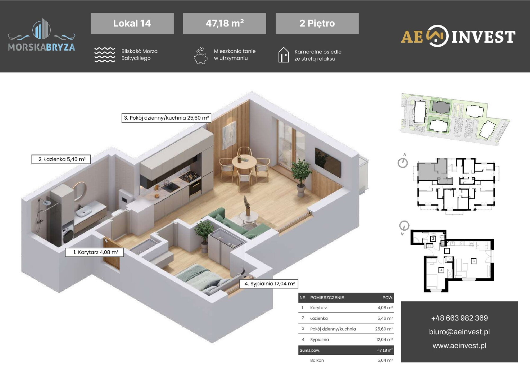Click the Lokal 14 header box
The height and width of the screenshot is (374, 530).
click(x=132, y=23)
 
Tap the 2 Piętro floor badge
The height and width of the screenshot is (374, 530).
click(x=317, y=23)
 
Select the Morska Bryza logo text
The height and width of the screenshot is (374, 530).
click(x=42, y=47)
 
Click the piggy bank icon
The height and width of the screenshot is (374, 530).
click(x=200, y=56)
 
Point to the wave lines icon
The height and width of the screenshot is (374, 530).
click(x=105, y=55)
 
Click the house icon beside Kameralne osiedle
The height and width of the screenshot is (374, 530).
click(x=283, y=55)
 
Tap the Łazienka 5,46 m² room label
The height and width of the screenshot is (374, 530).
click(x=61, y=159)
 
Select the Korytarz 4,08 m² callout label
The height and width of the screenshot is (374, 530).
click(x=94, y=252)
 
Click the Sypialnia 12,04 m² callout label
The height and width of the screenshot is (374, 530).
click(x=269, y=284)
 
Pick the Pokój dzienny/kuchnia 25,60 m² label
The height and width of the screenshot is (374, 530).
click(x=166, y=118)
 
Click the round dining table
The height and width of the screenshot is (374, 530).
click(x=244, y=161)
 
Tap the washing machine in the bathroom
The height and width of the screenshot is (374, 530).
click(x=68, y=234)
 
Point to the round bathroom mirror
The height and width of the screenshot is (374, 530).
click(x=79, y=191)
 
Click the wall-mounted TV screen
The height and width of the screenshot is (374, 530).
click(x=328, y=163)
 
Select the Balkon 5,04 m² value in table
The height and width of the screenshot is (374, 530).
click(x=385, y=360)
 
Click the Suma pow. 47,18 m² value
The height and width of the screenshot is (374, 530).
click(x=385, y=350)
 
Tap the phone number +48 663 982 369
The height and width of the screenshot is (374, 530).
click(x=459, y=318)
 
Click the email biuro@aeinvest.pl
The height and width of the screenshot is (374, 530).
click(x=459, y=332)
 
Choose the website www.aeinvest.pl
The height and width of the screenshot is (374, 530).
click(x=459, y=346)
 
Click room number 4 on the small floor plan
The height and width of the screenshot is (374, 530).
click(x=441, y=270)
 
